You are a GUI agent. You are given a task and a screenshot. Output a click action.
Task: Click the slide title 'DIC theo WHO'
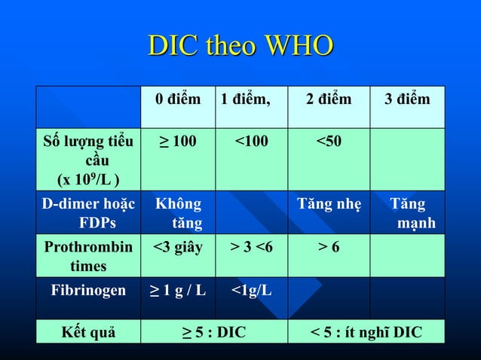coord(240,46)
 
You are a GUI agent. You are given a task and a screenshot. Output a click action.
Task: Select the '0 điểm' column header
coord(178,100)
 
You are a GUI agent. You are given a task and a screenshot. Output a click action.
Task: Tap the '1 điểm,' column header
coord(245,100)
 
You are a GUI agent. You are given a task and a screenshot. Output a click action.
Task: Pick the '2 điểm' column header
coord(329,100)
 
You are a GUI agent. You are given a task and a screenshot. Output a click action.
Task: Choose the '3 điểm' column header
coord(407,100)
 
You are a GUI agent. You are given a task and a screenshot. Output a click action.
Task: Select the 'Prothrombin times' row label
coord(88,256)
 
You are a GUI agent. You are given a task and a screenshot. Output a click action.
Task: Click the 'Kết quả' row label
coord(88,332)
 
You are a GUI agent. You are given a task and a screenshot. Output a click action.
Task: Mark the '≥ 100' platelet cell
coord(178,141)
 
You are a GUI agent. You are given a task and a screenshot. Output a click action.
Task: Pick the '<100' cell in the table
coord(250,141)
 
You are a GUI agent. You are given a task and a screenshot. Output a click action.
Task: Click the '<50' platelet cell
coord(329,141)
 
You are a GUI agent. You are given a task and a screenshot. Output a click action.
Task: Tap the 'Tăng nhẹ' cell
coord(329,204)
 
